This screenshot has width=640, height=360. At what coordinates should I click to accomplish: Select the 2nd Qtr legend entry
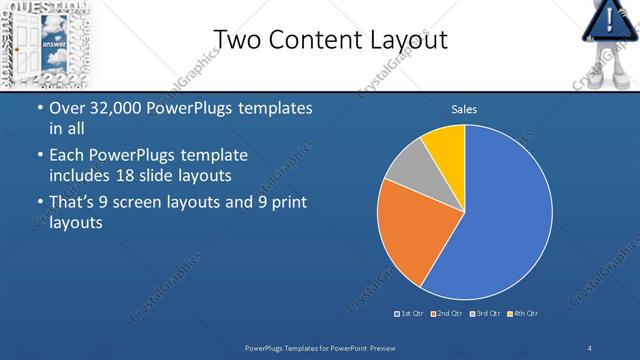(x=446, y=314)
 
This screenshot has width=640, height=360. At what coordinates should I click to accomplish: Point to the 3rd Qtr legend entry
(x=484, y=314)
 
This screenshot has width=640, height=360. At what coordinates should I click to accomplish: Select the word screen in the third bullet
(x=147, y=202)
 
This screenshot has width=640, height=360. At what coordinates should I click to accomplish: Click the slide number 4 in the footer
(x=590, y=346)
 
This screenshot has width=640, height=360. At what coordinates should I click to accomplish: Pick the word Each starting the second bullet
(x=67, y=156)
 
